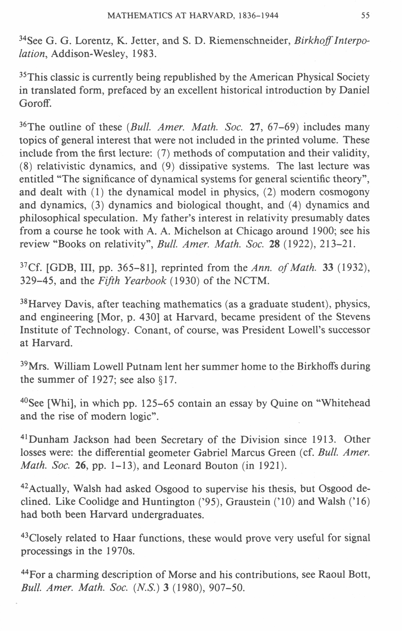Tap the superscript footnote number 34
click(23, 38)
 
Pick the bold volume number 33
click(327, 268)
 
